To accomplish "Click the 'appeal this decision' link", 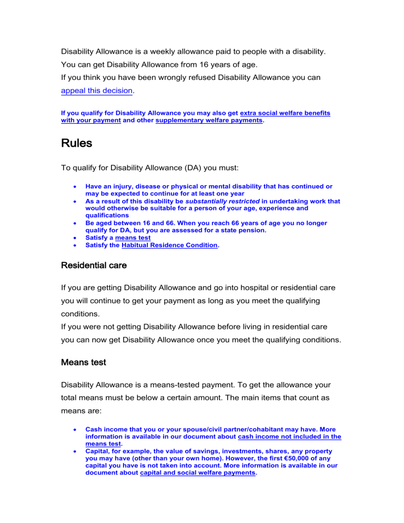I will click(97, 90).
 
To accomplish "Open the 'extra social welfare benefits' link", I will click(285, 113).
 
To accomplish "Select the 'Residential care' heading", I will click(94, 266).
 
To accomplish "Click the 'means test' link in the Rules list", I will click(133, 238).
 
